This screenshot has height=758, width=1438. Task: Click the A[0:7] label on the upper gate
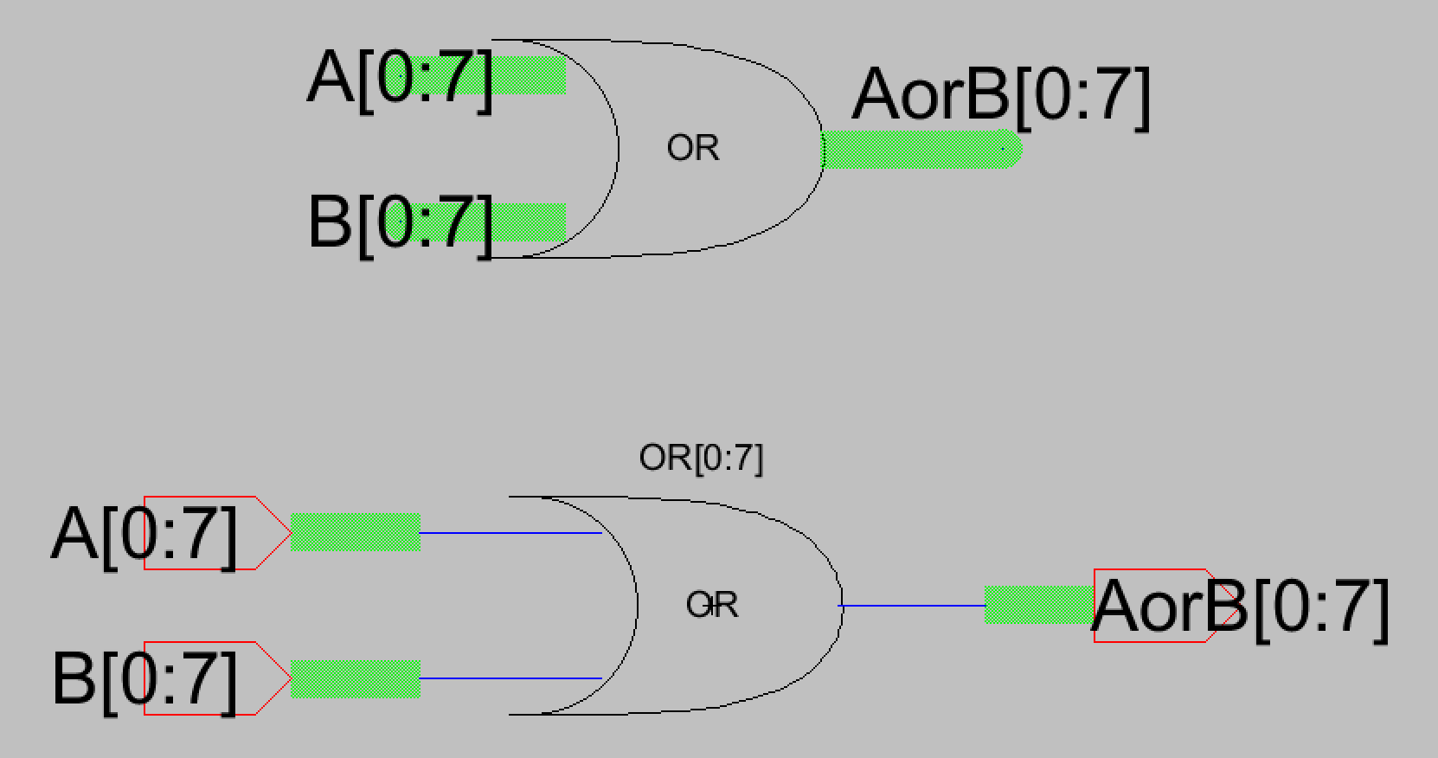click(x=400, y=78)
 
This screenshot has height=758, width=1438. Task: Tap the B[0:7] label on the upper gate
click(x=400, y=223)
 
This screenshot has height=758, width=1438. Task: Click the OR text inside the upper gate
click(x=692, y=149)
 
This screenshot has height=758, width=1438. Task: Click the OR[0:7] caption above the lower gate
click(x=701, y=458)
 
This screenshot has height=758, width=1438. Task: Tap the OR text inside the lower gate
click(x=712, y=605)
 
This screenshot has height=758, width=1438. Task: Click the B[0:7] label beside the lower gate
click(x=144, y=680)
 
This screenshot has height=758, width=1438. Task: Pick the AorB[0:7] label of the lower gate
click(x=1239, y=607)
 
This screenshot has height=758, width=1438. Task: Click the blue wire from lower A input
click(x=510, y=533)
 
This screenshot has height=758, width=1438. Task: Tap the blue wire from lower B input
click(x=510, y=678)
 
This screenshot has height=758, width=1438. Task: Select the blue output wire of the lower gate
click(x=913, y=606)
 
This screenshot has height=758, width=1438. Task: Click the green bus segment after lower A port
click(x=355, y=532)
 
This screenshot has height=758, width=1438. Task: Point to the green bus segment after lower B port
click(x=355, y=679)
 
